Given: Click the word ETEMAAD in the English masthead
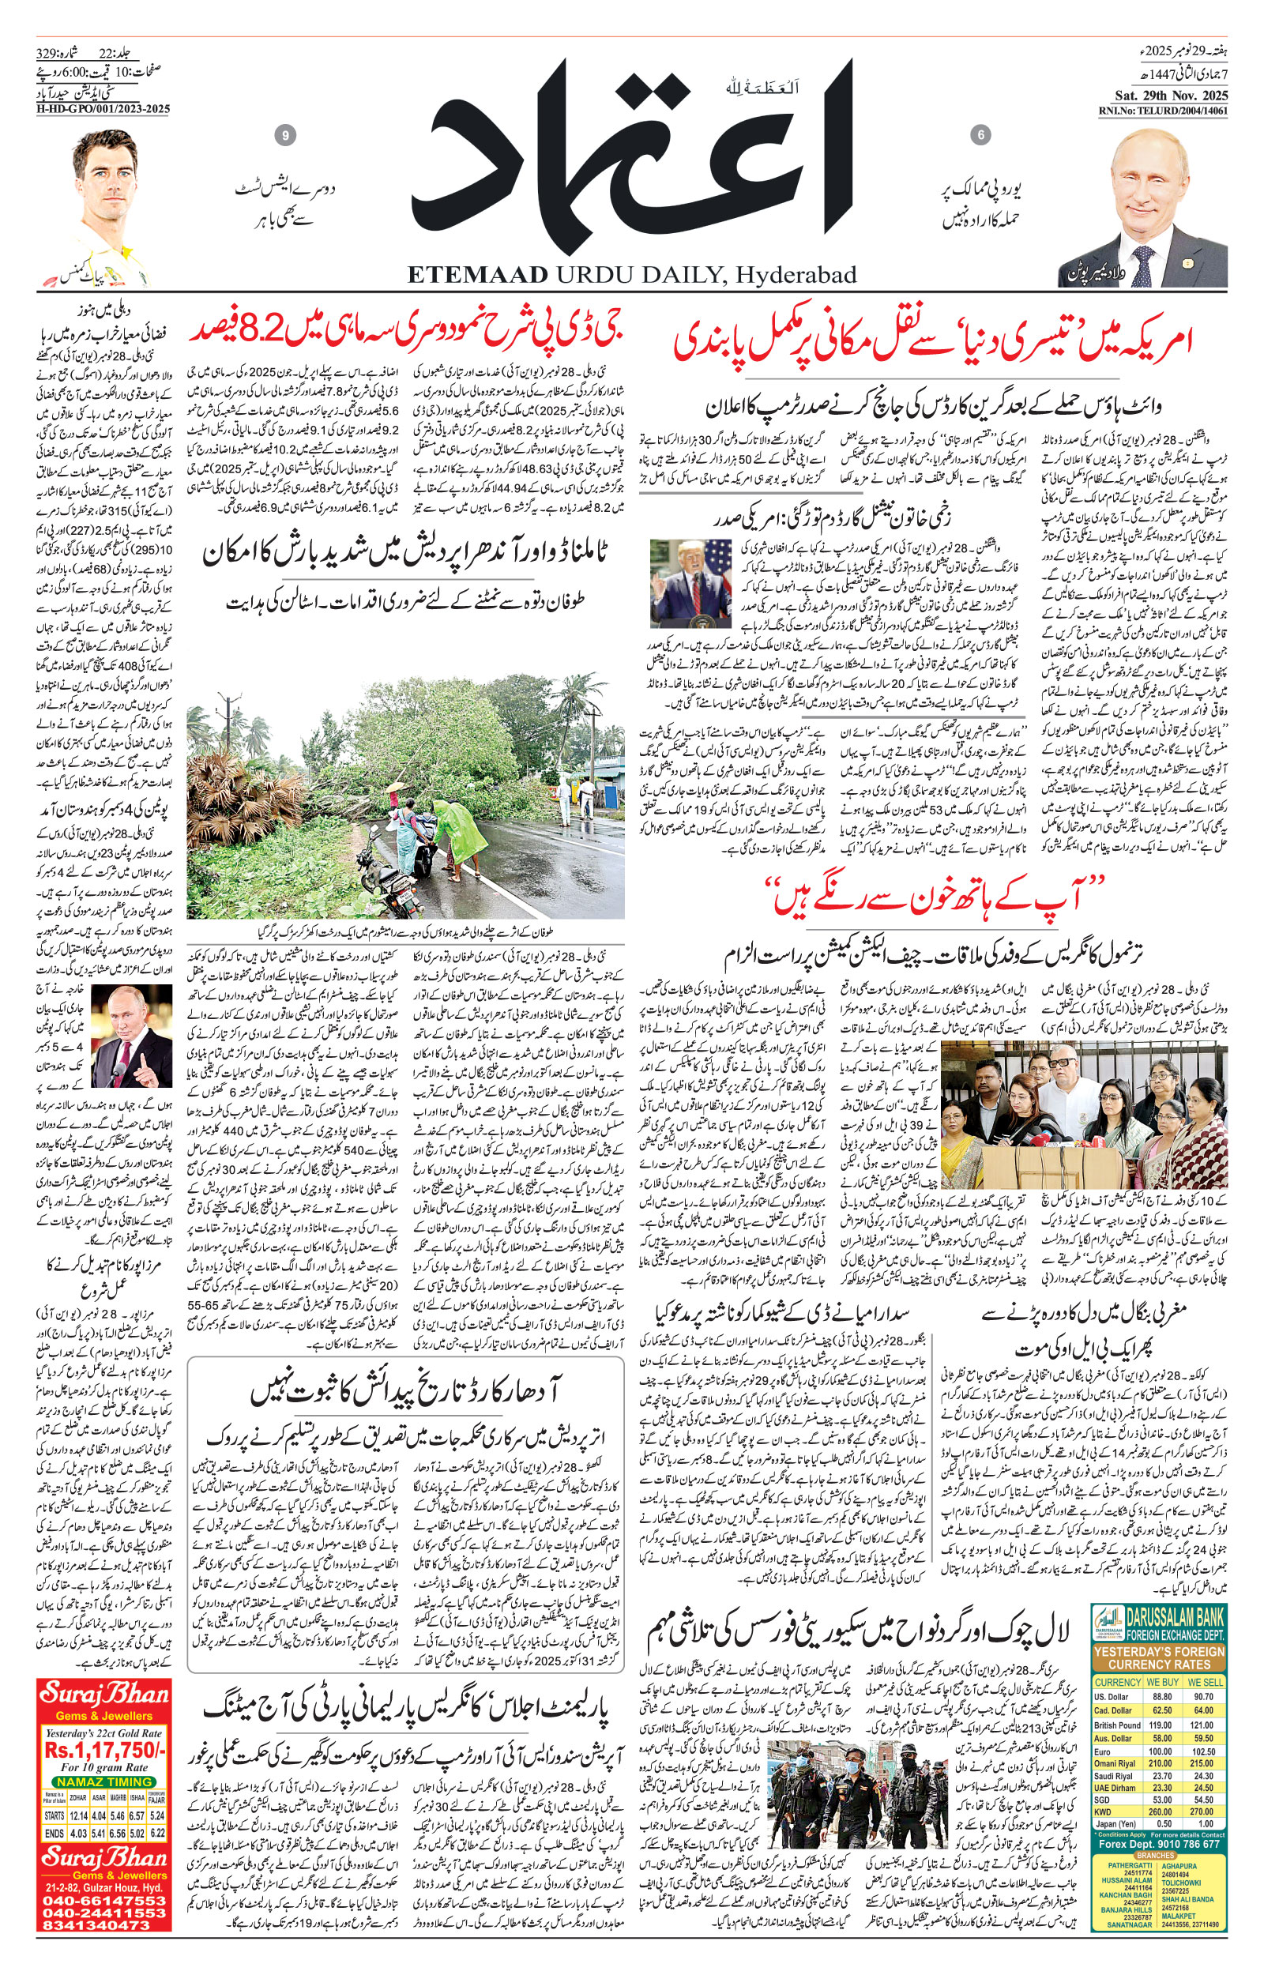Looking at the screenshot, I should [x=478, y=275].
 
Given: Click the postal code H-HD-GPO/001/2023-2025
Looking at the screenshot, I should [x=104, y=109].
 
